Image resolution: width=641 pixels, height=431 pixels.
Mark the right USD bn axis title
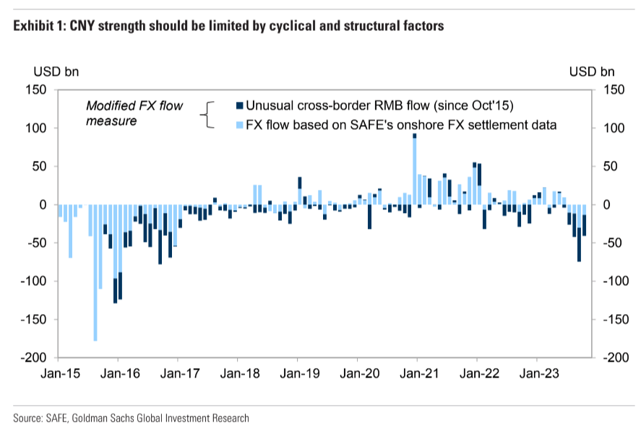click(591, 71)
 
